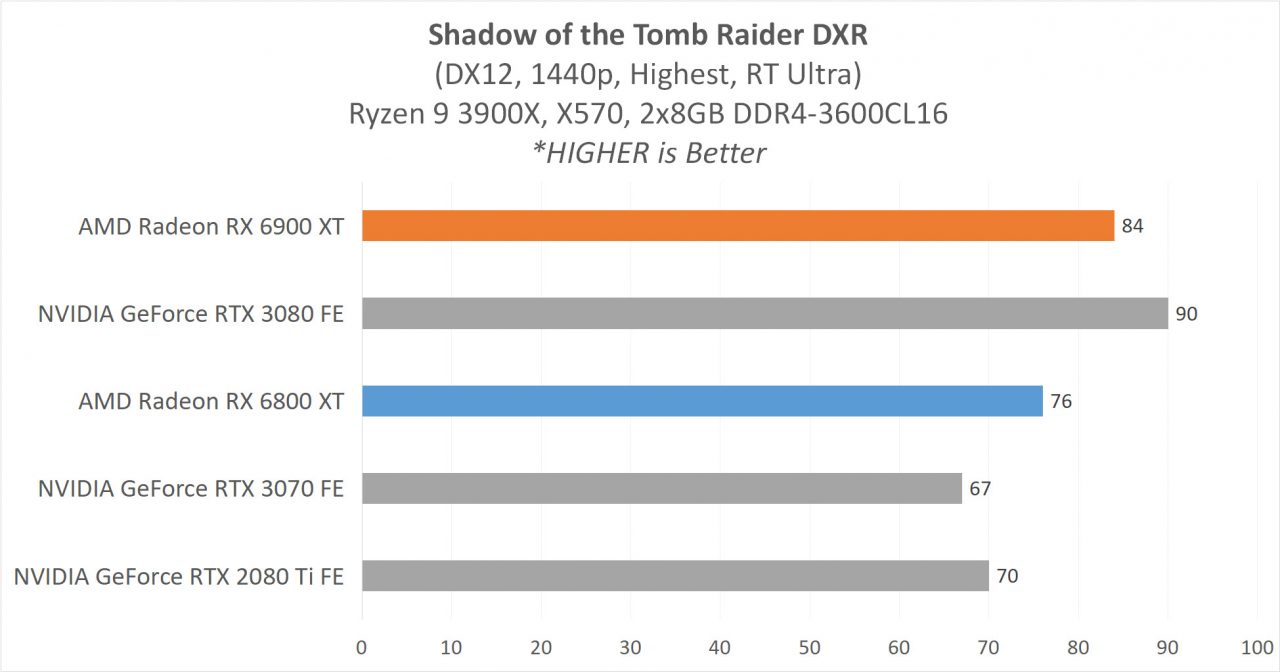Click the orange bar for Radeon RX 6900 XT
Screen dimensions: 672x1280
(738, 226)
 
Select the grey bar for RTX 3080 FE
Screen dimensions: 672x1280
(765, 313)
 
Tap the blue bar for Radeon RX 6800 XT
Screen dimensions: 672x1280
(702, 401)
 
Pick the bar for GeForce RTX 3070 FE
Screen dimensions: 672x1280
(662, 488)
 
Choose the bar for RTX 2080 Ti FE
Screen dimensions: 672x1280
(675, 576)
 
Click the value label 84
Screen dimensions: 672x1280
(1132, 226)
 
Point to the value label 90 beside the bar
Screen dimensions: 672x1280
(1186, 314)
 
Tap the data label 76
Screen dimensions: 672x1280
(1061, 401)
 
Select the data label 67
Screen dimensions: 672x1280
(980, 489)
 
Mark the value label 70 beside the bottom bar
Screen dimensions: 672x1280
(1007, 576)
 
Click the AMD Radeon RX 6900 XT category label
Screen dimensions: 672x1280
(211, 227)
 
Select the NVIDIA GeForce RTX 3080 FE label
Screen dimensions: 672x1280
(191, 314)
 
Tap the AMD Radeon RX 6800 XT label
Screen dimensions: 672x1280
(211, 402)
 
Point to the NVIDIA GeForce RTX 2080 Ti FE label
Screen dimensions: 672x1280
(179, 577)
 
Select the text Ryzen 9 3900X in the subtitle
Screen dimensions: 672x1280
(419, 114)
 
